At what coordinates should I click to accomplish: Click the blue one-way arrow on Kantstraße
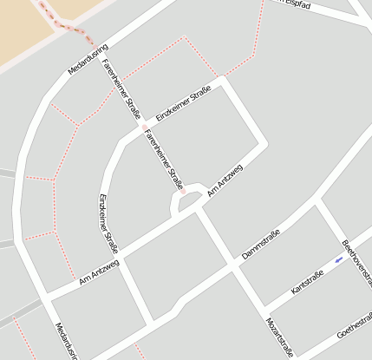(x=338, y=259)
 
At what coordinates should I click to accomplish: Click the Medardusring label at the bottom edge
(x=67, y=341)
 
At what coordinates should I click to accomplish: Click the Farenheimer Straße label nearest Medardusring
(x=121, y=86)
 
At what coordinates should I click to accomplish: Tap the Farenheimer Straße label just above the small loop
(x=165, y=160)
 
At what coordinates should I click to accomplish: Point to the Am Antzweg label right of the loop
(x=225, y=180)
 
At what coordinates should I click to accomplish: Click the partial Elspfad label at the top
(x=295, y=4)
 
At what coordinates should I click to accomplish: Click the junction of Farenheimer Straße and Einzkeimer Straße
(x=144, y=129)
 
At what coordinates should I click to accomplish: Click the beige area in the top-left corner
(x=22, y=26)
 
